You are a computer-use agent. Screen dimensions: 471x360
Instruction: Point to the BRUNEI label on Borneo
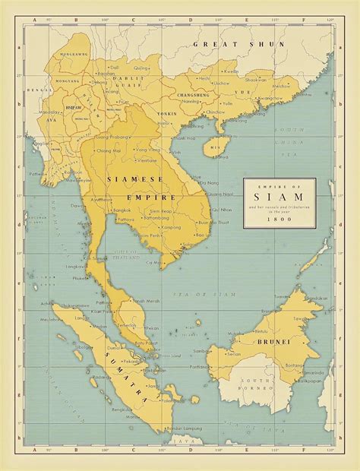276,342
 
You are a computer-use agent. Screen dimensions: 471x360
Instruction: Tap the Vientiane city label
147,161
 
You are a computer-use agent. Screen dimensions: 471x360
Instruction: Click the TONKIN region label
166,113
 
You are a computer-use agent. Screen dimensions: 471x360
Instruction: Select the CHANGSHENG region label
193,94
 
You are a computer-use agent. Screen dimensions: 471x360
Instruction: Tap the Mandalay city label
51,111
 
